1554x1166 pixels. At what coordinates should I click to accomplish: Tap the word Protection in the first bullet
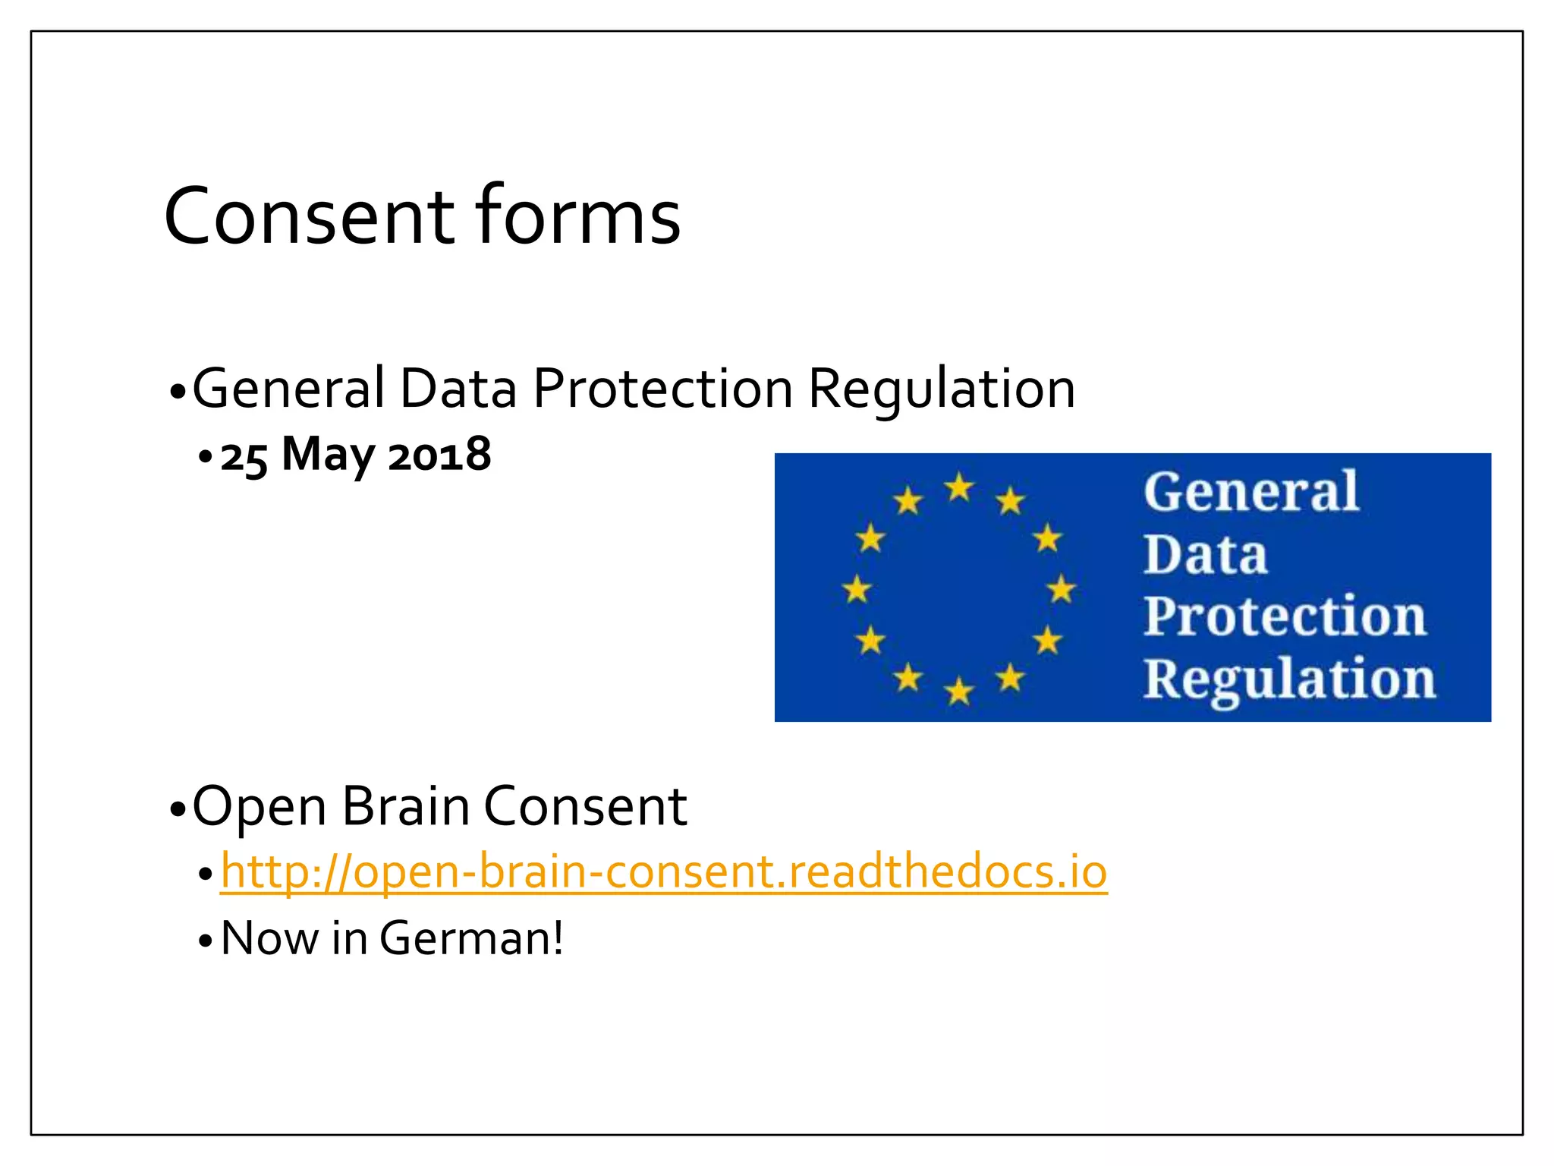tap(662, 389)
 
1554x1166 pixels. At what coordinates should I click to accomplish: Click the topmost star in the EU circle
tap(959, 487)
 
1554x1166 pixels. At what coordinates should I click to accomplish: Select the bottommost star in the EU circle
tap(959, 692)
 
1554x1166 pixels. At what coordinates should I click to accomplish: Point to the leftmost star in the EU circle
tap(857, 589)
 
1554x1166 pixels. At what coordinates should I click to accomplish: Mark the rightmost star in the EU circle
tap(1061, 589)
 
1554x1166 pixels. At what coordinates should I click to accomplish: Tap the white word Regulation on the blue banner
tap(1288, 679)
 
